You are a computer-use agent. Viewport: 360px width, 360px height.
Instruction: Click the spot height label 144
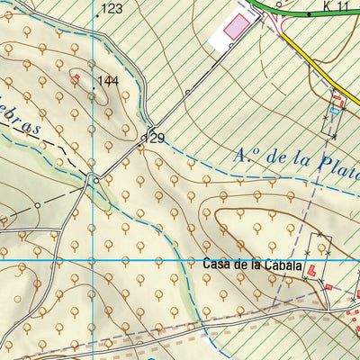[x=108, y=81]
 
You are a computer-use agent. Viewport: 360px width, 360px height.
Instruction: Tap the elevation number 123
[x=112, y=9]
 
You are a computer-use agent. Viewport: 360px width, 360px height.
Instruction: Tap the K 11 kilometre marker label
[x=335, y=6]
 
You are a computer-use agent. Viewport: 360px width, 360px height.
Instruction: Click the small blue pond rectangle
[x=337, y=110]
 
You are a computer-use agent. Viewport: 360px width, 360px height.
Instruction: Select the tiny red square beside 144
[x=76, y=77]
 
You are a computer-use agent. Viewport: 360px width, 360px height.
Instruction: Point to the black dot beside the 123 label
[x=97, y=15]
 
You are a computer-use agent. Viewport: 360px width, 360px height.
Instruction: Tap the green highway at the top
[x=297, y=14]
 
